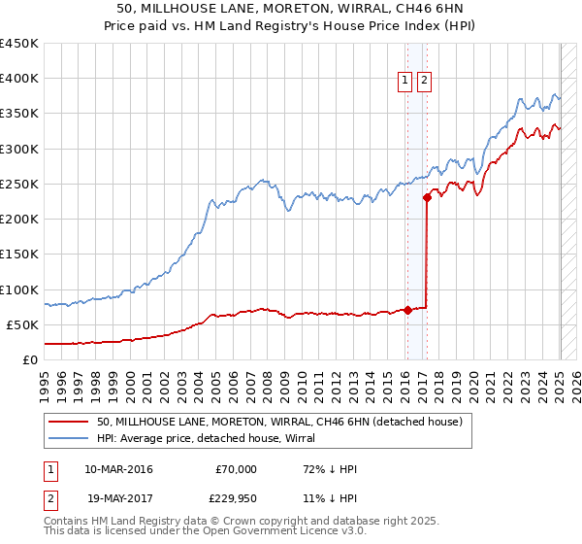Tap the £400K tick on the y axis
point(19,79)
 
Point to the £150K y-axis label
point(19,254)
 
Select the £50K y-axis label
point(23,324)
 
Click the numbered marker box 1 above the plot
point(404,82)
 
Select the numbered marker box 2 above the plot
point(425,82)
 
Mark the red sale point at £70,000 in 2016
point(407,311)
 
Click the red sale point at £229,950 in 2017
point(427,197)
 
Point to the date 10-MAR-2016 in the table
point(118,469)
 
